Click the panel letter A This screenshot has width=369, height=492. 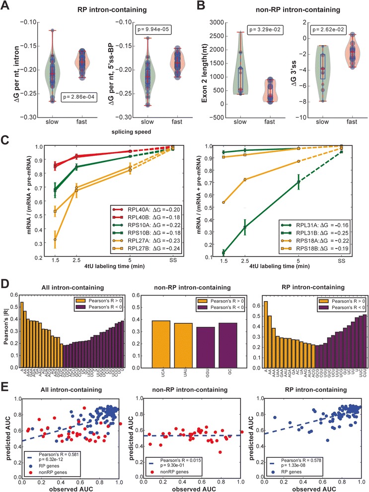(x=7, y=6)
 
